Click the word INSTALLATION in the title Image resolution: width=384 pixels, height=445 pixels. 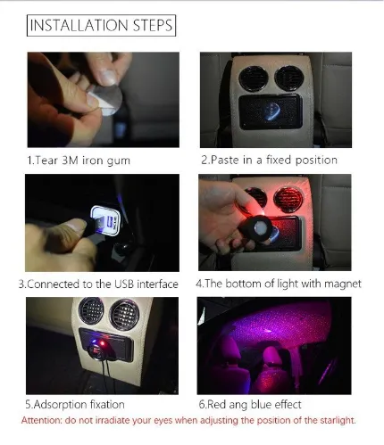[x=79, y=25]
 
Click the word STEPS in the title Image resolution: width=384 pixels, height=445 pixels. [x=153, y=25]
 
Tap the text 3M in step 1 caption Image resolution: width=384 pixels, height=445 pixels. [x=71, y=161]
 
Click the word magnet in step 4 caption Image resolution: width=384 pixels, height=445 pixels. [x=343, y=284]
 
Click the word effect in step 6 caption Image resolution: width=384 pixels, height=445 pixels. [x=288, y=405]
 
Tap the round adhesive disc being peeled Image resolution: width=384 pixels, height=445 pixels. [x=110, y=99]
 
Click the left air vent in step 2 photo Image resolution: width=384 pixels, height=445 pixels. [x=253, y=78]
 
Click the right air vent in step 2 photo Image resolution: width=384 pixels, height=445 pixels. [x=288, y=78]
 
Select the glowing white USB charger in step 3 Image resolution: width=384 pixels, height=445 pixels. [x=105, y=220]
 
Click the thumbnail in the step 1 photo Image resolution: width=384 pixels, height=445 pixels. [x=106, y=78]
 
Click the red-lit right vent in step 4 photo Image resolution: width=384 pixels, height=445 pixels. [x=288, y=199]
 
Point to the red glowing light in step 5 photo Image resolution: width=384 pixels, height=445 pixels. [x=101, y=344]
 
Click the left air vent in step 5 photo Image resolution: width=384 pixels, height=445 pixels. [x=91, y=310]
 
